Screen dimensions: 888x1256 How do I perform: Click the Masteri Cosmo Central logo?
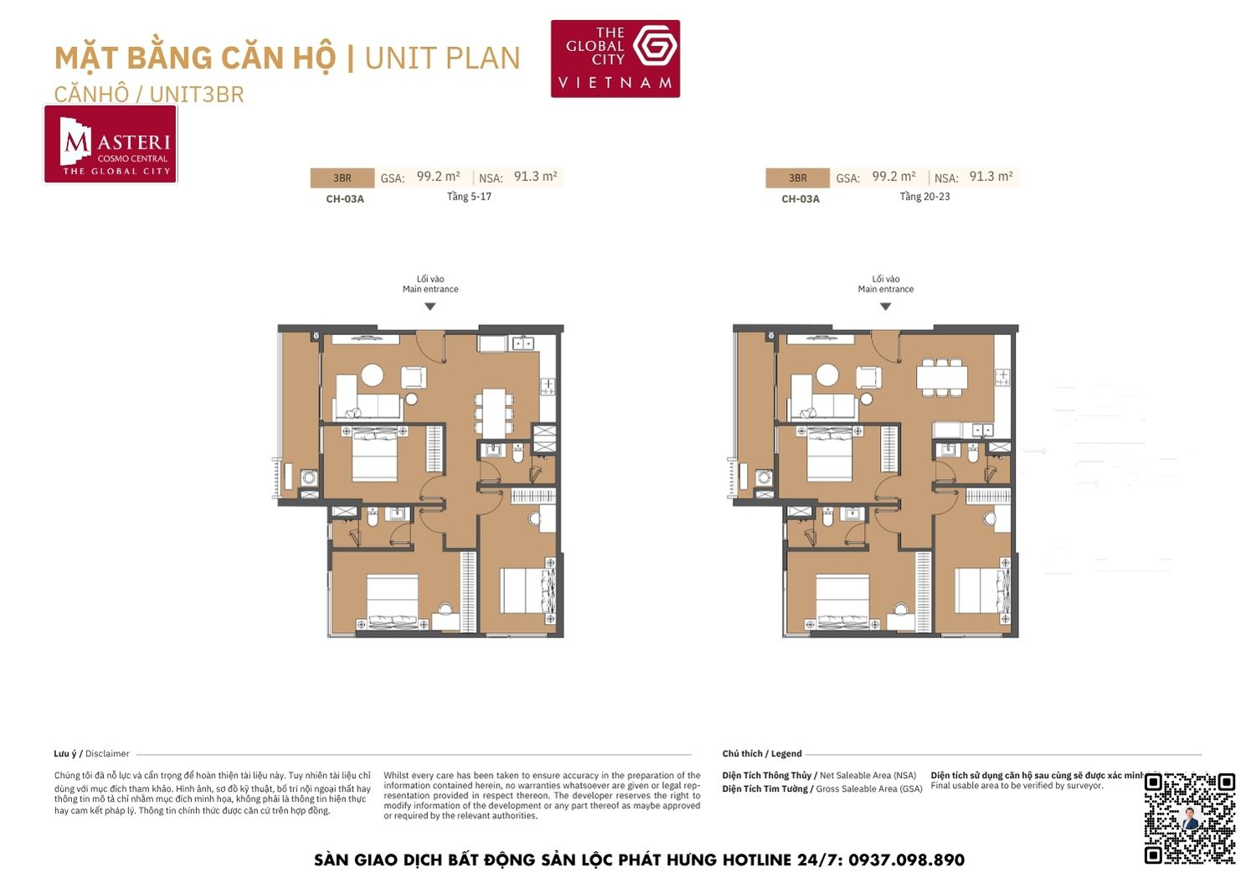[111, 144]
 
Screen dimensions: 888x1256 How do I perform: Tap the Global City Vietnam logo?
[615, 59]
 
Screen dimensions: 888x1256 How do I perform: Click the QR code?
[1189, 818]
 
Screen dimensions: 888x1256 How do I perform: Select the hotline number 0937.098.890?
[906, 860]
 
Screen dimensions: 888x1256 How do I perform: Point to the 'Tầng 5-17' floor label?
[469, 197]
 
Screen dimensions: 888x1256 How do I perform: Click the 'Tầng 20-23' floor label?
[924, 197]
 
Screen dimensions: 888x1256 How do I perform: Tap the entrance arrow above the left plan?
[430, 307]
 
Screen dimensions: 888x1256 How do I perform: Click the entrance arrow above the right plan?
[885, 307]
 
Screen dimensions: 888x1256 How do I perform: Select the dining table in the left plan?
[494, 410]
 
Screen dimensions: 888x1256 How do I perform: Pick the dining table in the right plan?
[942, 376]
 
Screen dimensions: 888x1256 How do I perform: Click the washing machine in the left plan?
[309, 478]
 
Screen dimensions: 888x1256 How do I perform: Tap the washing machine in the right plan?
[764, 478]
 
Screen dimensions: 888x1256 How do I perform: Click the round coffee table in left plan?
[372, 374]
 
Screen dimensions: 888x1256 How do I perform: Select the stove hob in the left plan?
[548, 386]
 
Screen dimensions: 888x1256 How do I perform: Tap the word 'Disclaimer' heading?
[107, 754]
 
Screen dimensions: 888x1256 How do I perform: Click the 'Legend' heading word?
[786, 754]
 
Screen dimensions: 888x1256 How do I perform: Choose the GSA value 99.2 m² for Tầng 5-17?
[438, 177]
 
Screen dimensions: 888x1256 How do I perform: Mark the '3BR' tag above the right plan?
[797, 178]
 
